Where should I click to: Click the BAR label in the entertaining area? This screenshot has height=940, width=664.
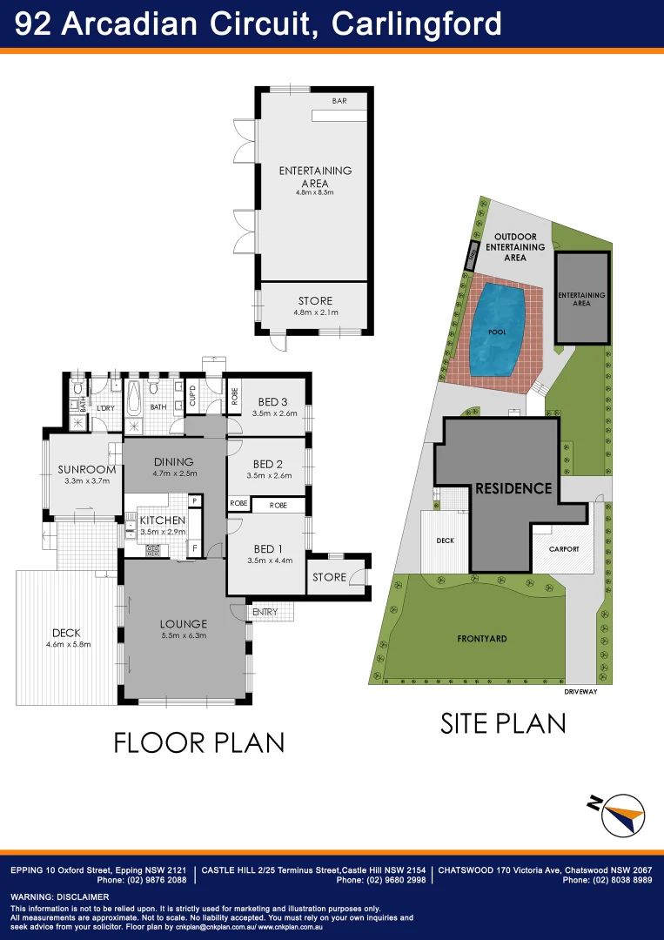tap(339, 101)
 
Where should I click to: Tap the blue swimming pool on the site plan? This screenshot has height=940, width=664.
tap(498, 328)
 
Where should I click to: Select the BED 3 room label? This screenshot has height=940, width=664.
tap(272, 401)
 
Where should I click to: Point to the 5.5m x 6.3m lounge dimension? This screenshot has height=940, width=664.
tap(183, 635)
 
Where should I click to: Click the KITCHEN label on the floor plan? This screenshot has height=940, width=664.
tap(163, 520)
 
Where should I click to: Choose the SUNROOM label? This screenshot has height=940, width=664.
tap(87, 469)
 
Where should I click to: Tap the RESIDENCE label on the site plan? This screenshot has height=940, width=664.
tap(513, 488)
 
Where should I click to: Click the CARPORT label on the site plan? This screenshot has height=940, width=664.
tap(564, 549)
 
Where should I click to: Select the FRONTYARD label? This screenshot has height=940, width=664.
tap(482, 639)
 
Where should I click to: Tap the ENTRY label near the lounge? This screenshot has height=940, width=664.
tap(265, 613)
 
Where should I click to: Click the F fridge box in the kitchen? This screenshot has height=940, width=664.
tap(194, 548)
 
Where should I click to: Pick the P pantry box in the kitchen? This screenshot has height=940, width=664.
tap(194, 500)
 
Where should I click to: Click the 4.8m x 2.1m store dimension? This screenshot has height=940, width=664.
tap(315, 312)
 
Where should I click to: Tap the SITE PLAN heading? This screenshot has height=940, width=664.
tap(503, 723)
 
